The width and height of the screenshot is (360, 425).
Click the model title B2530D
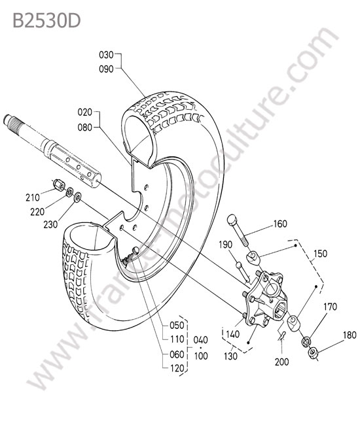tap(46, 20)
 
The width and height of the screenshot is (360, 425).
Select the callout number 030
tap(106, 55)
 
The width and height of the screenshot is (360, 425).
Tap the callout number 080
tap(85, 127)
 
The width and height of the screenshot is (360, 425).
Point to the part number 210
tap(33, 197)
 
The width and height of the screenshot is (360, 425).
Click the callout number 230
tap(50, 224)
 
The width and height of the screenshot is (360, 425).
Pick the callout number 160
tap(280, 224)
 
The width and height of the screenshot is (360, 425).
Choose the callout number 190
tap(226, 245)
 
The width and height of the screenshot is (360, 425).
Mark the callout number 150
tap(320, 254)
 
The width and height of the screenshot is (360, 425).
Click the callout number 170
tap(330, 307)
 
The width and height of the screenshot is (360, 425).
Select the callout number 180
tap(350, 335)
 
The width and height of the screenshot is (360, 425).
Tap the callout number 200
tap(282, 362)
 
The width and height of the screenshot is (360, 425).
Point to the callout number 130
tap(230, 356)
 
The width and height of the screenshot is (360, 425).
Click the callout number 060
tap(177, 354)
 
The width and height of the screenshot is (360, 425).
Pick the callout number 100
tap(201, 356)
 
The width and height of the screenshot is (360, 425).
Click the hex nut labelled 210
tap(59, 184)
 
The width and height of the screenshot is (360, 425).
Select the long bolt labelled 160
tap(238, 230)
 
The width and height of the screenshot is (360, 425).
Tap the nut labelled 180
tap(313, 352)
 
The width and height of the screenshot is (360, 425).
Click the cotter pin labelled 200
tap(282, 335)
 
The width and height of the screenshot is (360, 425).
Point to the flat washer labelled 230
tap(78, 197)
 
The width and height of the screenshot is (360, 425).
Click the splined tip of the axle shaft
tap(10, 120)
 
